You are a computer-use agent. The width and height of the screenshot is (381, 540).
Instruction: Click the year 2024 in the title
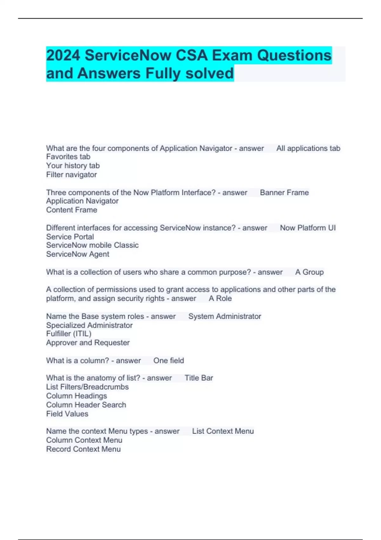coord(63,55)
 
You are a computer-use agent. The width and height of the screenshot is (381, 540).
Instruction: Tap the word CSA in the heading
coord(191,55)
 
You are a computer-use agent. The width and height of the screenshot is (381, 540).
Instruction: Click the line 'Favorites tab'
coord(68,157)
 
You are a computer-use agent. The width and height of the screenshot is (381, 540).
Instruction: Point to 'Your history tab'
coord(73,165)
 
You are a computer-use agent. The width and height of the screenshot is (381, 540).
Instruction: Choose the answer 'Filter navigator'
coord(71,174)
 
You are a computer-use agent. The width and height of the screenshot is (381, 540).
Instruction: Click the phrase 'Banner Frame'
coord(284,192)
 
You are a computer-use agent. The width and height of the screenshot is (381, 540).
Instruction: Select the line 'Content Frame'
coord(71,210)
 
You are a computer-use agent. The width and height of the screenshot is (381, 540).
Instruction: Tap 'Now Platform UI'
coord(307,228)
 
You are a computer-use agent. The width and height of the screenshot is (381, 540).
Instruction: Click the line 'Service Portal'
coord(70,237)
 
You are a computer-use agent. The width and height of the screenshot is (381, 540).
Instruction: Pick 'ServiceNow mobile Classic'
coord(92,245)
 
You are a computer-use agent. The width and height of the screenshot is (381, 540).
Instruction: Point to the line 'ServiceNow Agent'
coord(77,254)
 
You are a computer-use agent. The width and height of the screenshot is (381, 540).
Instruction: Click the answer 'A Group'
coord(309,272)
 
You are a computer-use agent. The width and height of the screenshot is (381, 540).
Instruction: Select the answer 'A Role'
coord(220,298)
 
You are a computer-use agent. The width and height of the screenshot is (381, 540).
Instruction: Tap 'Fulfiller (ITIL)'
coord(69,334)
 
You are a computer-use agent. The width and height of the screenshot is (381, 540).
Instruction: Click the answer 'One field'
coord(169,361)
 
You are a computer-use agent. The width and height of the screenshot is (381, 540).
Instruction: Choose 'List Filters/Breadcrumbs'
coord(87,387)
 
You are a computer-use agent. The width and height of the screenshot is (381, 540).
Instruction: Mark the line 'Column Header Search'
coord(86,405)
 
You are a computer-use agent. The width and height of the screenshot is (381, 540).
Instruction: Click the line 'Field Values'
coord(67,414)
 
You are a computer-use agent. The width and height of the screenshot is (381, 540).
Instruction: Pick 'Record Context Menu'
coord(83,449)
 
